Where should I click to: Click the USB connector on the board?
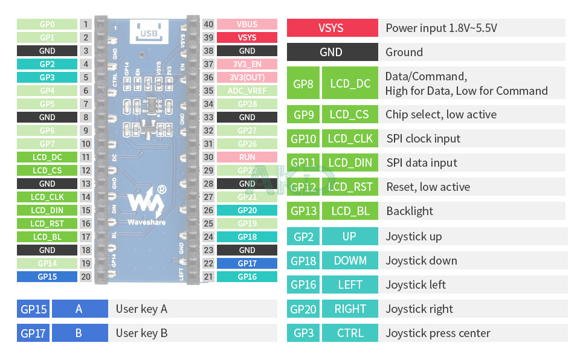click(149, 30)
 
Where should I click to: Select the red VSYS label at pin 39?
click(246, 37)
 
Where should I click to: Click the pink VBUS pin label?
click(246, 24)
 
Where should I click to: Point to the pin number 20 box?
click(86, 277)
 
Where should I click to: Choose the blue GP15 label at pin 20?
click(47, 277)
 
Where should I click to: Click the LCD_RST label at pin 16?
click(47, 223)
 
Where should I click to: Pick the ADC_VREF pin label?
click(246, 91)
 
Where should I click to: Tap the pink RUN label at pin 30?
click(246, 157)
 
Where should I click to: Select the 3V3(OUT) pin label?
click(246, 77)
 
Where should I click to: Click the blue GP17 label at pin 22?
click(246, 263)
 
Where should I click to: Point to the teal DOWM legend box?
click(350, 260)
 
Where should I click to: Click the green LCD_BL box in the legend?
click(350, 211)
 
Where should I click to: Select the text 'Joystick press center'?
click(438, 333)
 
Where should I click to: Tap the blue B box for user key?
click(79, 333)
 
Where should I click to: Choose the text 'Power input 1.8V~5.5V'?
click(441, 28)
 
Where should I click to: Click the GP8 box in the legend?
click(303, 83)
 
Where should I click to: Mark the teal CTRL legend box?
click(350, 333)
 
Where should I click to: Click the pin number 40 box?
click(208, 24)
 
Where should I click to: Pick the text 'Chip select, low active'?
click(441, 114)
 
